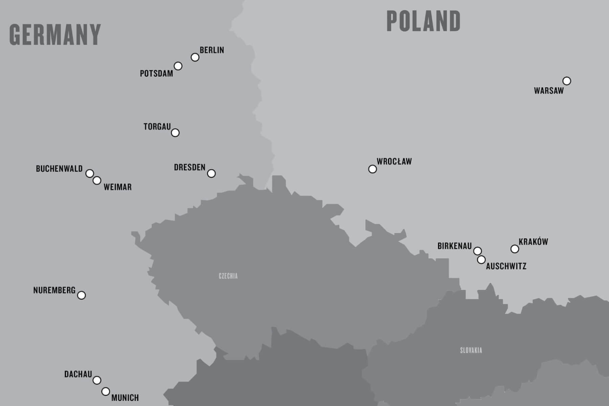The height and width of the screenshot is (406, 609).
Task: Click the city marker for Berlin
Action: pos(195,57)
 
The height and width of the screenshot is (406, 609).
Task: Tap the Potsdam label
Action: pos(156,73)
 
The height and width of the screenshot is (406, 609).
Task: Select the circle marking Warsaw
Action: pos(567,81)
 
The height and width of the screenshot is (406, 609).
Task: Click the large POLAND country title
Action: pos(423,21)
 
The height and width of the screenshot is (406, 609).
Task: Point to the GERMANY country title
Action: pos(55,35)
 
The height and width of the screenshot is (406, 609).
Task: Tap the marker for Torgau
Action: pos(175,133)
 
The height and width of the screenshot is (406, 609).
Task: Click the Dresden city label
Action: pos(189,167)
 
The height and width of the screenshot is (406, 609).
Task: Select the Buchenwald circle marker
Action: pos(89,173)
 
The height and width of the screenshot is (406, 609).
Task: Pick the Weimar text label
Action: pos(117,187)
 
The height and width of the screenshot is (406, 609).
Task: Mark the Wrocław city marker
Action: pos(372,169)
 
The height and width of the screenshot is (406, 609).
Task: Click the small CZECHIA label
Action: pos(228,276)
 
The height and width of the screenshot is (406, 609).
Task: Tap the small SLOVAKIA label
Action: pos(471,351)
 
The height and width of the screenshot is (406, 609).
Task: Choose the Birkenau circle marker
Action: pos(477,251)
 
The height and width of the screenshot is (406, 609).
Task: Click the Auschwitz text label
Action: pos(506,266)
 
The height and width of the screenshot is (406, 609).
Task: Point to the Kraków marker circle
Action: pos(515,249)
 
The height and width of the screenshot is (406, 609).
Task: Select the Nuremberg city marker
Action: pos(81,295)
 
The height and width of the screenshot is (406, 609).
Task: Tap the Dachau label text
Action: pos(78,374)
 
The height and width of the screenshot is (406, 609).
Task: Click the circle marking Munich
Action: pos(106,391)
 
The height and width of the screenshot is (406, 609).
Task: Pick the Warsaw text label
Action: pos(549,91)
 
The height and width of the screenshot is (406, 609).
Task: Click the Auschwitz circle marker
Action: pos(481,260)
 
